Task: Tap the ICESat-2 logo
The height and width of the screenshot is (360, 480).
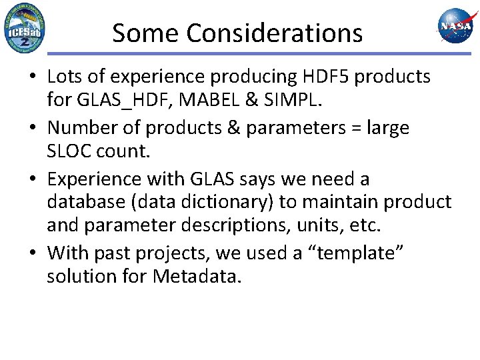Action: click(25, 28)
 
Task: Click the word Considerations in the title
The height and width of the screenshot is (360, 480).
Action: click(275, 32)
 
